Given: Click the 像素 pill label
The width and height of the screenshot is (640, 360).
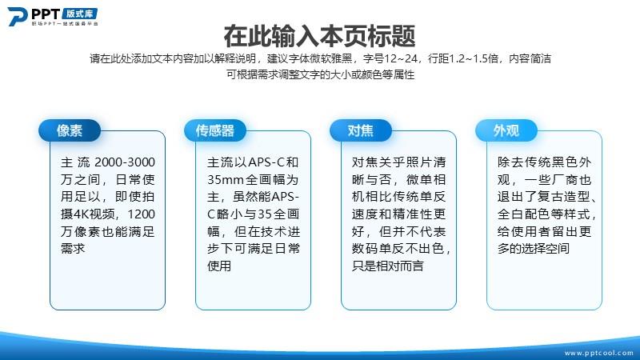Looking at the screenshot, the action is pyautogui.click(x=70, y=130).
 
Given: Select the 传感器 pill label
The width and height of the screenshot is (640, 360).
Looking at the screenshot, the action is pyautogui.click(x=215, y=130).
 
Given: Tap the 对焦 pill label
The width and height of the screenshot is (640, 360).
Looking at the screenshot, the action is pyautogui.click(x=361, y=130).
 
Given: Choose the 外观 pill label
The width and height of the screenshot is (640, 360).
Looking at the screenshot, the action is pyautogui.click(x=506, y=130).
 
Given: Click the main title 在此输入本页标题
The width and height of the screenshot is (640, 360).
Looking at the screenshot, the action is pyautogui.click(x=319, y=36).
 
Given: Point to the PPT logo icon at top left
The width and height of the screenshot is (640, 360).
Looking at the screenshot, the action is pyautogui.click(x=18, y=17).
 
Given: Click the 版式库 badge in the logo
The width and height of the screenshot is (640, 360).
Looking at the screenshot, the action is pyautogui.click(x=80, y=14).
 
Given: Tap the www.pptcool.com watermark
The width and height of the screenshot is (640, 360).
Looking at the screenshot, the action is pyautogui.click(x=598, y=353).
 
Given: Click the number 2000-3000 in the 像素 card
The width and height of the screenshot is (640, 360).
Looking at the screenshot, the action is pyautogui.click(x=125, y=162).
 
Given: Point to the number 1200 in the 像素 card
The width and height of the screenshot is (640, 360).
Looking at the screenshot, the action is pyautogui.click(x=142, y=214).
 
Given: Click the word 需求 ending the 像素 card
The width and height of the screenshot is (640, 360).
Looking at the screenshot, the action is pyautogui.click(x=73, y=249).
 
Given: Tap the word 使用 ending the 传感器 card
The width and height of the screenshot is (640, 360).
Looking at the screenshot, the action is pyautogui.click(x=219, y=266).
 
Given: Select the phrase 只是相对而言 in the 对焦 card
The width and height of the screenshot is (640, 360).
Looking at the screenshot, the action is pyautogui.click(x=387, y=266).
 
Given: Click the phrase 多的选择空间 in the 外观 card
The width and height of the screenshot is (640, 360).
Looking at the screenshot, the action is pyautogui.click(x=533, y=249).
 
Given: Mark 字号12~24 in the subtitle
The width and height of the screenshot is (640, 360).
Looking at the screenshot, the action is pyautogui.click(x=390, y=58).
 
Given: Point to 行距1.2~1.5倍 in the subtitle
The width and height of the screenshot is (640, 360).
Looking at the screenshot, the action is pyautogui.click(x=463, y=58).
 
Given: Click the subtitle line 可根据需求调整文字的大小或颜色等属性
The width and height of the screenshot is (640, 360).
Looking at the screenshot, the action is pyautogui.click(x=321, y=74).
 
